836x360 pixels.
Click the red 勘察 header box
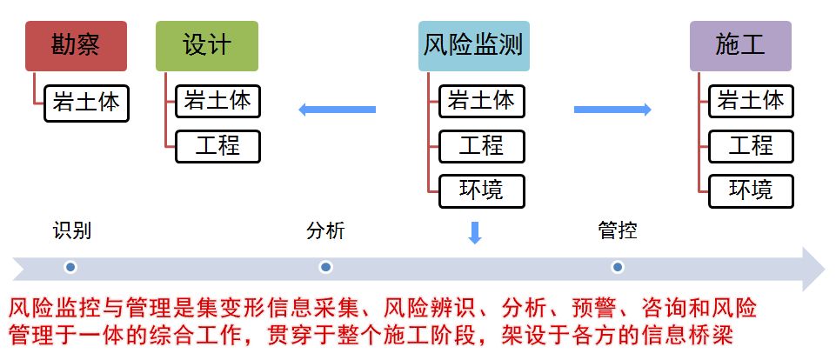pos(76,46)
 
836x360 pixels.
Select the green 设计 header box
pos(207,46)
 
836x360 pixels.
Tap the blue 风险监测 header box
pos(473,46)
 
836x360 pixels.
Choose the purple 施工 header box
pos(740,46)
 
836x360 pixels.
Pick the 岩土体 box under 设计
pos(217,102)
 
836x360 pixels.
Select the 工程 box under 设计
pos(217,145)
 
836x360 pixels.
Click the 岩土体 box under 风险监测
pos(481,102)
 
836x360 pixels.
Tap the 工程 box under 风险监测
pos(481,145)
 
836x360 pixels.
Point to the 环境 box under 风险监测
pos(481,189)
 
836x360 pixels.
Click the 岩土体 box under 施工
pos(750,102)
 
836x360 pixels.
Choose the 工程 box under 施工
pos(750,145)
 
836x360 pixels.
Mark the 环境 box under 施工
pos(750,189)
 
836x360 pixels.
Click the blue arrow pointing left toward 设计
pos(337,110)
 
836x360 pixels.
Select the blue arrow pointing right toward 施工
pos(613,110)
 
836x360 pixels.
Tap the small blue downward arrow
pos(474,233)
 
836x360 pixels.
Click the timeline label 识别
pos(71,231)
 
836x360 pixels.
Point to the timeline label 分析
pos(325,231)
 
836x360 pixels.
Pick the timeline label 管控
pos(618,231)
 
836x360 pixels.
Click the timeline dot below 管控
pos(618,267)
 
